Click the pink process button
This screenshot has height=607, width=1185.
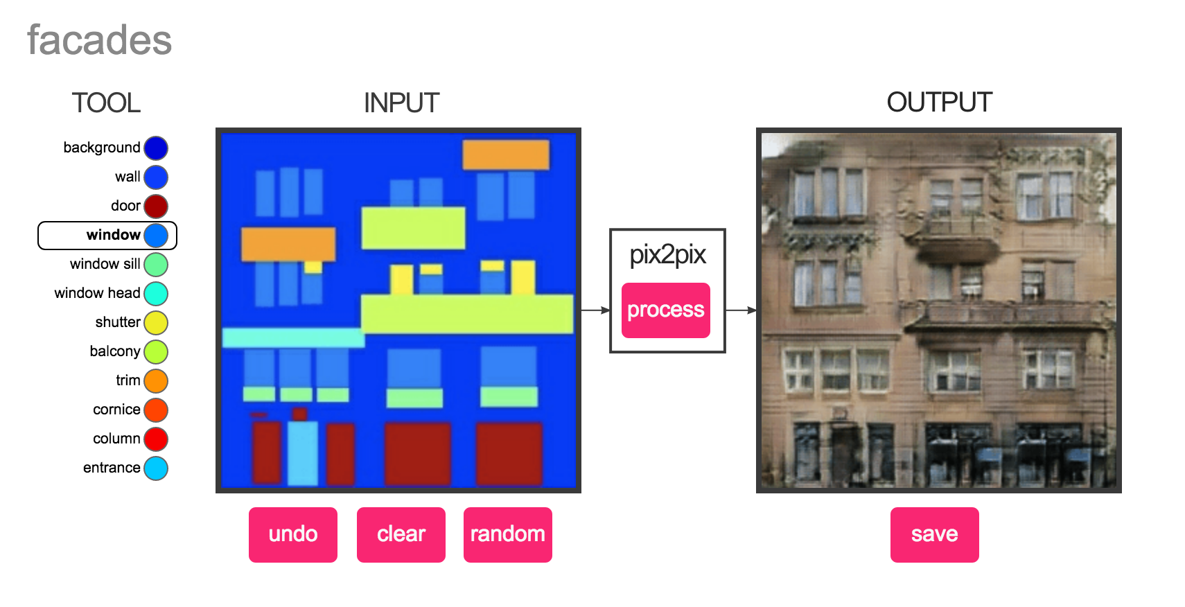click(x=665, y=310)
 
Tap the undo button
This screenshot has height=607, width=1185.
click(x=293, y=534)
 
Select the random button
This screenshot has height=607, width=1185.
click(x=508, y=534)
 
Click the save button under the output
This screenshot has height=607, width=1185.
click(x=935, y=534)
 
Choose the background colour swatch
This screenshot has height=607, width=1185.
click(x=156, y=148)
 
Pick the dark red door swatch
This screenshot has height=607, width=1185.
click(x=156, y=206)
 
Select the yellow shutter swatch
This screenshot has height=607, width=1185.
click(x=156, y=322)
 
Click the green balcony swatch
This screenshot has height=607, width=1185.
click(x=156, y=351)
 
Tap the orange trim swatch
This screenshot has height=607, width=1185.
click(x=156, y=380)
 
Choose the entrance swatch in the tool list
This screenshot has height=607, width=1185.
click(x=156, y=468)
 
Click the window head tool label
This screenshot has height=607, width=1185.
click(x=97, y=293)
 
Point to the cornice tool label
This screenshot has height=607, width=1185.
click(x=116, y=410)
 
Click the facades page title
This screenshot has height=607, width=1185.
click(x=100, y=40)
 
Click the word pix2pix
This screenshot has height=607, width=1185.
click(x=667, y=256)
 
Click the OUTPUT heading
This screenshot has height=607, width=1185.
click(x=940, y=102)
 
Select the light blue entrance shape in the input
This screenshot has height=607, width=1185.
click(x=303, y=452)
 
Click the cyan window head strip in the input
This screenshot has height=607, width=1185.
click(x=293, y=337)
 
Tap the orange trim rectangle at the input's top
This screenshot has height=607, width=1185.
click(x=506, y=155)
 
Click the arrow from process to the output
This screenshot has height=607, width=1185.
click(x=741, y=310)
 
